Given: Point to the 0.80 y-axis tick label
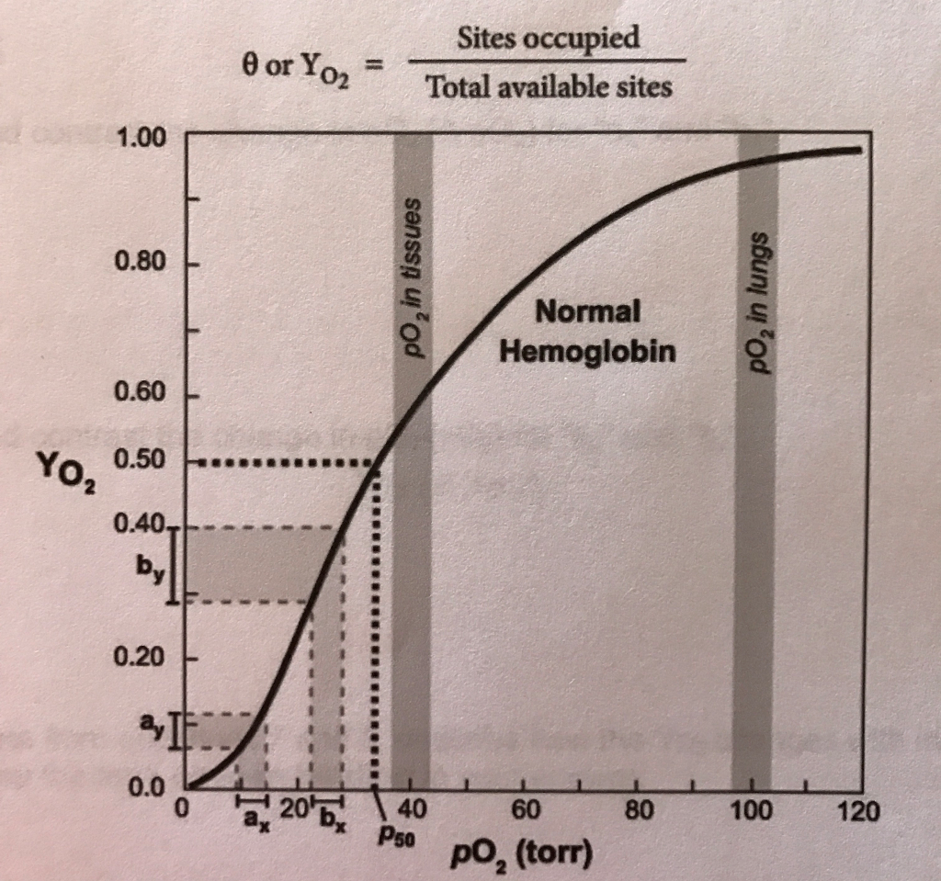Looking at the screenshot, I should (x=140, y=263).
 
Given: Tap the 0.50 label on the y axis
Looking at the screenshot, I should (x=140, y=461).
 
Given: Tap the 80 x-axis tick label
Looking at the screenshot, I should (x=638, y=811).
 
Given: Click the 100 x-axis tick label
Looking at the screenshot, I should (x=751, y=811).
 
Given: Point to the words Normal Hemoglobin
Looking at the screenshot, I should (x=588, y=332).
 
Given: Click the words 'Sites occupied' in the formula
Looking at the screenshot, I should (x=548, y=39).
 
